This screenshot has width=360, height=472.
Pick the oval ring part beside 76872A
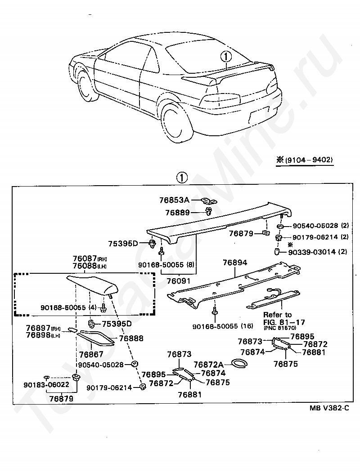click(238, 363)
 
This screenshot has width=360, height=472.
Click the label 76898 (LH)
click(39, 335)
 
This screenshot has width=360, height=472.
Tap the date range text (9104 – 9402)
click(308, 160)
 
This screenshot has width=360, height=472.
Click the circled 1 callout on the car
click(226, 56)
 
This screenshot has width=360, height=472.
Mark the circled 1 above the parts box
click(181, 178)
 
